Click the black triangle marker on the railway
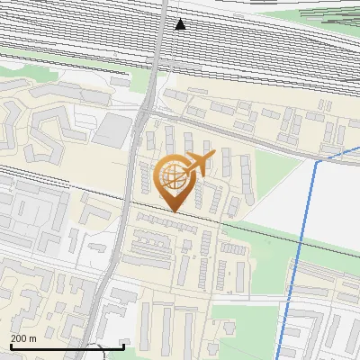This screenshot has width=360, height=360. [180, 24]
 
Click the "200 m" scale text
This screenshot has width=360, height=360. [23, 338]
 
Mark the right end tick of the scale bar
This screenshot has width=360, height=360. [123, 345]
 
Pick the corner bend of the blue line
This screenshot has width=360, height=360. [319, 164]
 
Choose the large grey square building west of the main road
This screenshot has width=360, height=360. [112, 130]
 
